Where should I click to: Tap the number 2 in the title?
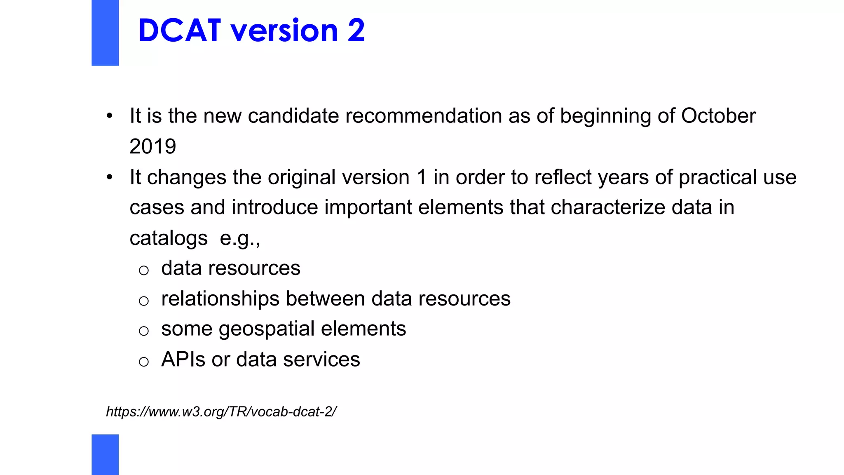356,31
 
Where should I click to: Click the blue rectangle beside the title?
105,33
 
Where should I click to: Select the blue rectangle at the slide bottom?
105,454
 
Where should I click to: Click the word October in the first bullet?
718,116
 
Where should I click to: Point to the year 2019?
152,146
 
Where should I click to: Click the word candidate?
293,116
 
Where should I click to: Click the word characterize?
608,207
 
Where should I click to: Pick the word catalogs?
169,238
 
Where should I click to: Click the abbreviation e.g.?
240,238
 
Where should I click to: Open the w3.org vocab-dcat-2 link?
221,412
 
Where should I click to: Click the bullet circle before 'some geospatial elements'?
143,331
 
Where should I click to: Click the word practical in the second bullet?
717,177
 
